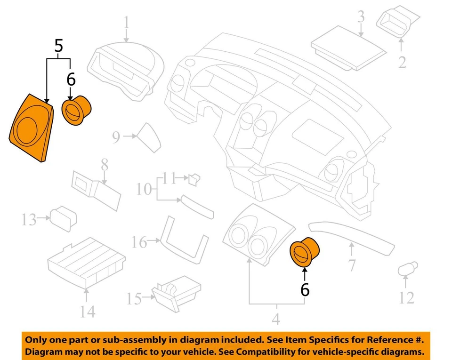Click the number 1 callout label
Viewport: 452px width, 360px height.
point(126,22)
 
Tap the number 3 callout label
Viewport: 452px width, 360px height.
point(361,17)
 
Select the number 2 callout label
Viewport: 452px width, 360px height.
point(402,62)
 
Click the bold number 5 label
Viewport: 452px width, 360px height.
point(58,46)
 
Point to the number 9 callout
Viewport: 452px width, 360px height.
point(116,137)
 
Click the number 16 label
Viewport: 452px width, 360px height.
point(139,242)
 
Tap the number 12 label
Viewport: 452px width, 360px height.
point(406,297)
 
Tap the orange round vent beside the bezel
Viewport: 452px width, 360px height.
point(77,111)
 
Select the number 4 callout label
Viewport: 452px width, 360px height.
point(276,319)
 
